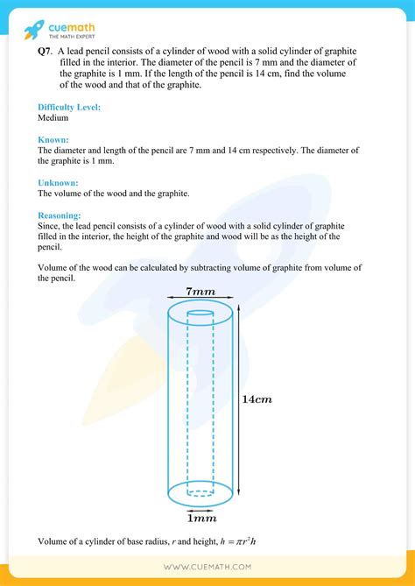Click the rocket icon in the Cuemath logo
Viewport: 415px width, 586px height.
pos(32,29)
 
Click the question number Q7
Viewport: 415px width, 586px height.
pos(44,53)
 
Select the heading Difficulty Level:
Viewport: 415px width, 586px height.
pos(69,107)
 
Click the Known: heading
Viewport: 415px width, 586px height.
pos(55,139)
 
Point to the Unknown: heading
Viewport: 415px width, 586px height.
pos(59,182)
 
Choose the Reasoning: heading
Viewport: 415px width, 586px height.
pos(61,215)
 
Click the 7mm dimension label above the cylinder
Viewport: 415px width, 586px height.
pos(200,290)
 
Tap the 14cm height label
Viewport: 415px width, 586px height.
pos(257,399)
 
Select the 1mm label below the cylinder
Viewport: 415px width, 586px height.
pos(200,518)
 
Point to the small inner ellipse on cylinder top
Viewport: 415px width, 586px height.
pos(200,313)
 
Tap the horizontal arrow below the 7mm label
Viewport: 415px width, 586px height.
pos(200,300)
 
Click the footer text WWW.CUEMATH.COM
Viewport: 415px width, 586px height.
pos(207,568)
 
